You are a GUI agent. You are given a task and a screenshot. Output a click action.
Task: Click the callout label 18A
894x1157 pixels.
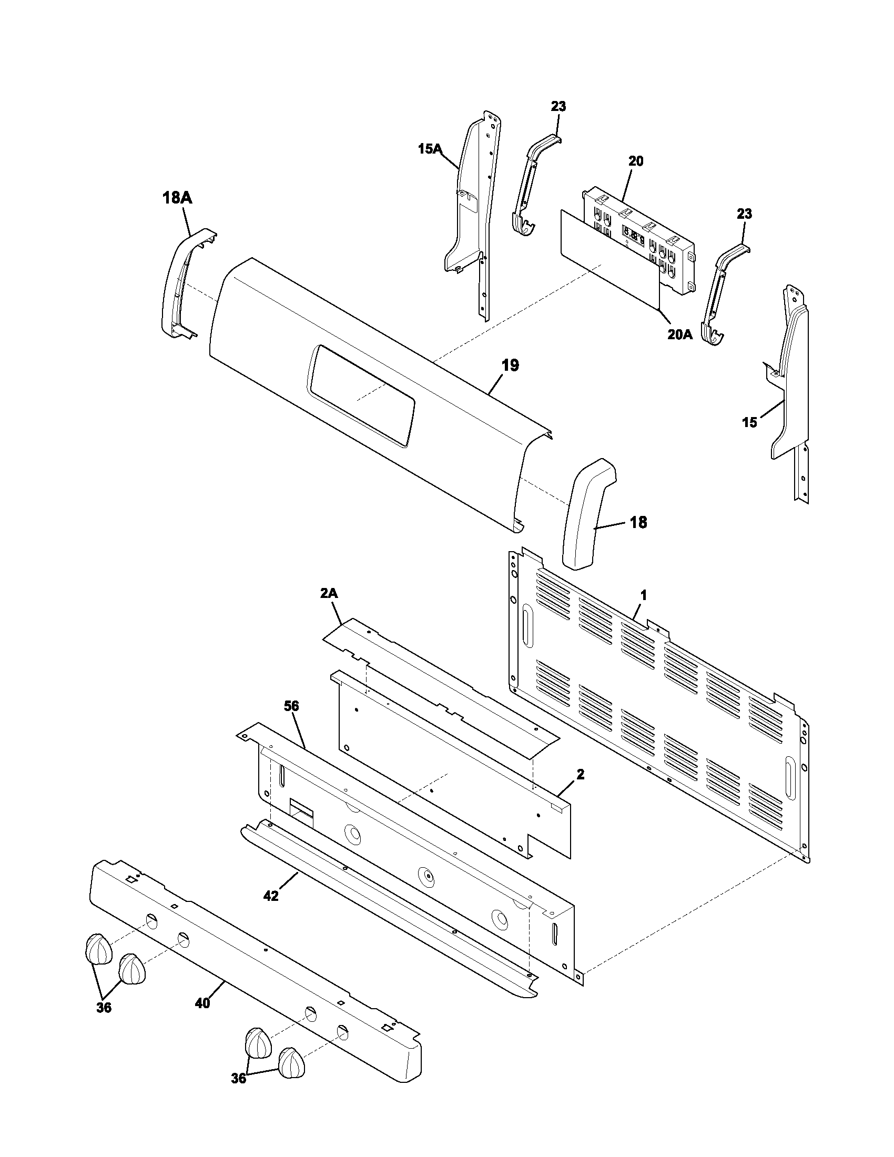pos(177,198)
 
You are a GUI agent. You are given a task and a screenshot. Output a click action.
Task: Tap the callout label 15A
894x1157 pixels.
pos(430,149)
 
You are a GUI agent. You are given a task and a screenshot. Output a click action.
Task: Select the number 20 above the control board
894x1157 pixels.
pos(636,161)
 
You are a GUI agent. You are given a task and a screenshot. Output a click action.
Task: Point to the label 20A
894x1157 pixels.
pos(679,335)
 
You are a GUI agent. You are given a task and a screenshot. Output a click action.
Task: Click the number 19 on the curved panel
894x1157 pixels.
pos(510,365)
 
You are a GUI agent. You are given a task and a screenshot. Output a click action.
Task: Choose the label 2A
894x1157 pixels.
pos(328,593)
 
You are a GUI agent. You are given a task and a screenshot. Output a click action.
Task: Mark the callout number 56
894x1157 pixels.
pos(291,706)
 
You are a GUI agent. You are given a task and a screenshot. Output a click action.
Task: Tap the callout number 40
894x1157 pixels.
pos(203,1003)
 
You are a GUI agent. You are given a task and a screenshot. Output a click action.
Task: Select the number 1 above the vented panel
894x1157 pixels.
pos(644,595)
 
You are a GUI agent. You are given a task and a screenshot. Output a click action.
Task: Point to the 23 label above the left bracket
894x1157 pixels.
pos(558,106)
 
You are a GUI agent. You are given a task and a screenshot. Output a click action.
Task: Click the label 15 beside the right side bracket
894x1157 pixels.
pos(749,422)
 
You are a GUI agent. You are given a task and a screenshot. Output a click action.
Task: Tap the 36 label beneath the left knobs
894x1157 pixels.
pos(104,1008)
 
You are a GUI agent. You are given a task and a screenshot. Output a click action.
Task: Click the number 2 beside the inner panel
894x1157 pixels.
pos(581,775)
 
